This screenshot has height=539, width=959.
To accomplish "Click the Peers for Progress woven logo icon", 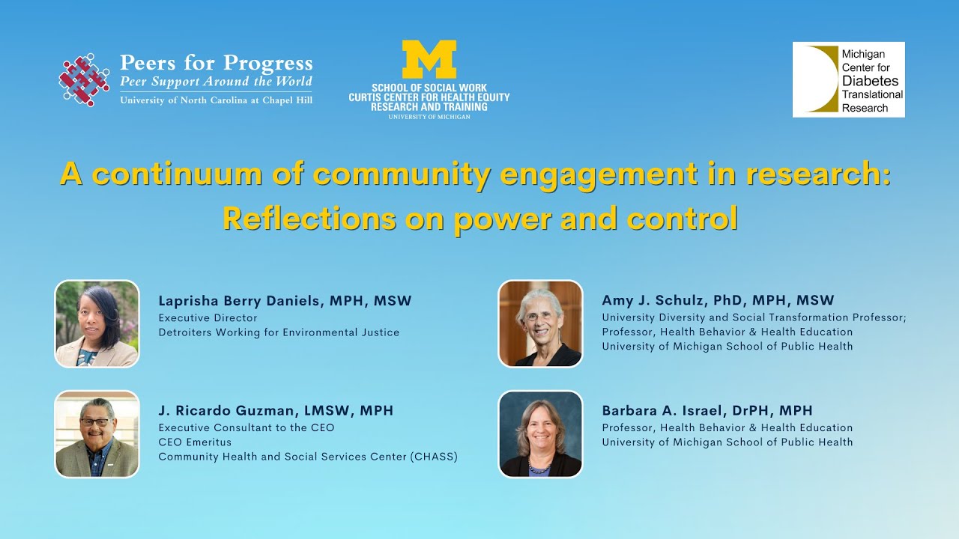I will point(85,79).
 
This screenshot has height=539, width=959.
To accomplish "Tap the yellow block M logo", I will point(429,59).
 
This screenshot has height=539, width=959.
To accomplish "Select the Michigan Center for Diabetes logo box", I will point(848,79).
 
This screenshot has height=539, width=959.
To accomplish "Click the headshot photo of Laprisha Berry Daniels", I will point(97,323).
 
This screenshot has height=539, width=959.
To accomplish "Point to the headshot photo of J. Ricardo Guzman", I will point(97,434).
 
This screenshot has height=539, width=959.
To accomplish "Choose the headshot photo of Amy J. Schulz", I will point(540,323).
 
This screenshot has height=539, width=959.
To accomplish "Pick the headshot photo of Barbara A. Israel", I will point(540,434).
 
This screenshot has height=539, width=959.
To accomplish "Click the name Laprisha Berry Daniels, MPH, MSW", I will point(285,301).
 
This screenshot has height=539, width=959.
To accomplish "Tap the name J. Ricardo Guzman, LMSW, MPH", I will point(276,411).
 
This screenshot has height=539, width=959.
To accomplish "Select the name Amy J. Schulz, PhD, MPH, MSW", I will point(718,301).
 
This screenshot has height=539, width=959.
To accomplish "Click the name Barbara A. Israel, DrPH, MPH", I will point(707,411).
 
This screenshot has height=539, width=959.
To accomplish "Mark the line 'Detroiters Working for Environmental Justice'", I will point(279,332).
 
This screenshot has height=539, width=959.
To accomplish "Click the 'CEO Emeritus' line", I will point(195,442).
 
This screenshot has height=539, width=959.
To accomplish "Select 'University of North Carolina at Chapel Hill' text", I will point(216,100).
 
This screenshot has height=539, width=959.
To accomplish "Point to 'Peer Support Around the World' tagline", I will point(216,82).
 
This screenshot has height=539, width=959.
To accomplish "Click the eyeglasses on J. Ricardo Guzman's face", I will point(95,422).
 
